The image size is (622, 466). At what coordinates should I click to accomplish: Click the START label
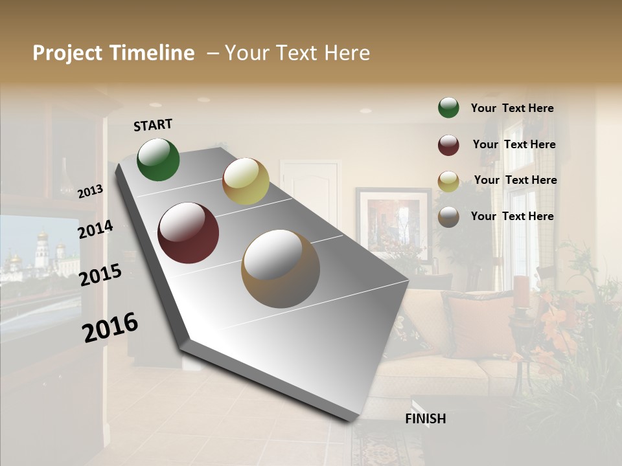click(153, 125)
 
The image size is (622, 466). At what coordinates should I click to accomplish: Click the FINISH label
click(425, 419)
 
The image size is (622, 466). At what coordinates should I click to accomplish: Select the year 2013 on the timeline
click(90, 192)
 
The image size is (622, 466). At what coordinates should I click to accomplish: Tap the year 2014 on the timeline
click(95, 230)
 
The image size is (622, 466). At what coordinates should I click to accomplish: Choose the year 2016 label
click(110, 327)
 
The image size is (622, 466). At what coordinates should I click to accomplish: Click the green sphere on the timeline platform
click(158, 159)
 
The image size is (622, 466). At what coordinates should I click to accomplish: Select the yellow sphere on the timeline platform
click(246, 181)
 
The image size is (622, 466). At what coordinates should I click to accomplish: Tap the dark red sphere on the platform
click(188, 233)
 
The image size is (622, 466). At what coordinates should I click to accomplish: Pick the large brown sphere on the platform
click(281, 268)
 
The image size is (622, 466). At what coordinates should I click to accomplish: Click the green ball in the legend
click(448, 107)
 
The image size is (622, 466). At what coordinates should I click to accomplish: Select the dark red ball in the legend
click(448, 145)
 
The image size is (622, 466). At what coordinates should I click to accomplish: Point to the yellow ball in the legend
click(448, 181)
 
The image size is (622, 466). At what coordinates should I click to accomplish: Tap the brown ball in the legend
click(448, 217)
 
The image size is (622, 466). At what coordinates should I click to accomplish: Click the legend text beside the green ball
click(513, 108)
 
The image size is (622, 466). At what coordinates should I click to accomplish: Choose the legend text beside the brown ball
click(513, 216)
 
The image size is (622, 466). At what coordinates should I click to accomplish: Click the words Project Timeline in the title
click(113, 53)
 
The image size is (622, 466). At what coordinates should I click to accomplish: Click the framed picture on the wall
click(393, 224)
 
